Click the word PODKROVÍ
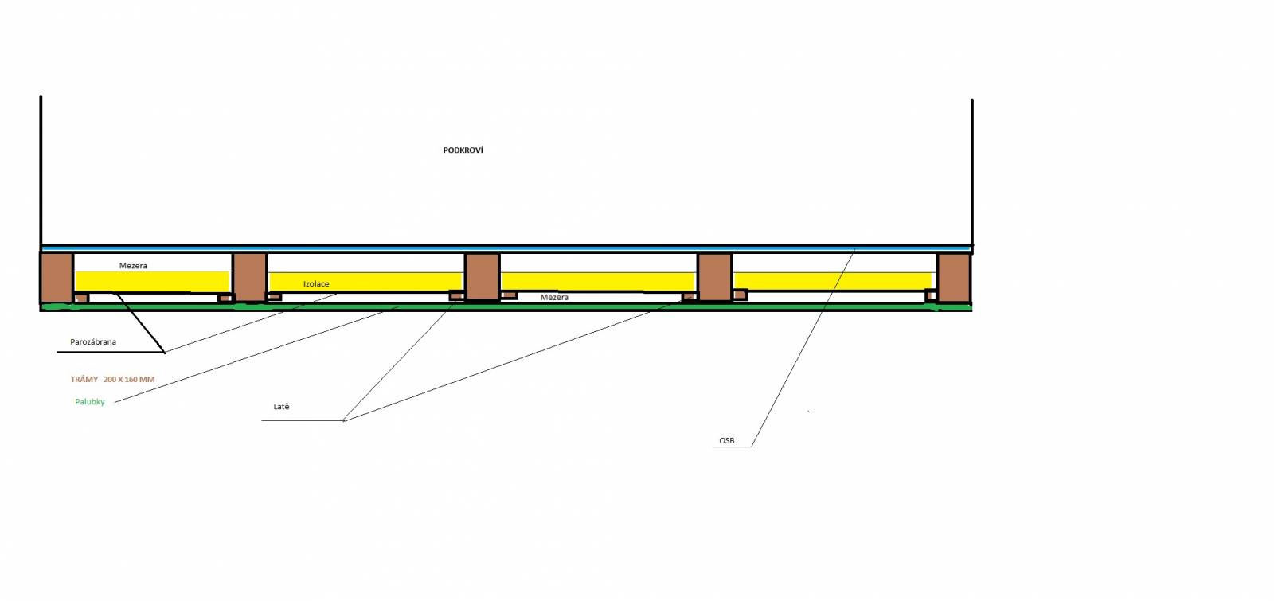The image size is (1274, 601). (463, 150)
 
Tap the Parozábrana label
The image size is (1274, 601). (93, 341)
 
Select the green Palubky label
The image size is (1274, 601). (90, 402)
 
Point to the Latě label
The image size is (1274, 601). (282, 407)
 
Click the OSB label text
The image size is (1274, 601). (727, 441)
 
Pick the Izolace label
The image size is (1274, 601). (316, 283)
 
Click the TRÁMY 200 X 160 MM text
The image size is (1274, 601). (112, 379)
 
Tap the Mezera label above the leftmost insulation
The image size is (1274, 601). (133, 266)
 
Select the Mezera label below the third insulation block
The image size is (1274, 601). (554, 297)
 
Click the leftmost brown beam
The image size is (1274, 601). (57, 278)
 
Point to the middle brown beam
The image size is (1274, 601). (483, 277)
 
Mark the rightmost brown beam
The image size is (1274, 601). (954, 278)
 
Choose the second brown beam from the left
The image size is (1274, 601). (250, 277)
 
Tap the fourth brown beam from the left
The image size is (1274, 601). (715, 277)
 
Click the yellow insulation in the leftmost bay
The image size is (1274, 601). (152, 282)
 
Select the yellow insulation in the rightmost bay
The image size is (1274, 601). (833, 281)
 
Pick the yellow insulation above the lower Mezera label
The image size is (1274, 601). (598, 281)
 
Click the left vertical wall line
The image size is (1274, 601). (41, 170)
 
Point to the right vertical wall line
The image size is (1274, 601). (972, 173)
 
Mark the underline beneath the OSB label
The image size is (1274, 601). (733, 447)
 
